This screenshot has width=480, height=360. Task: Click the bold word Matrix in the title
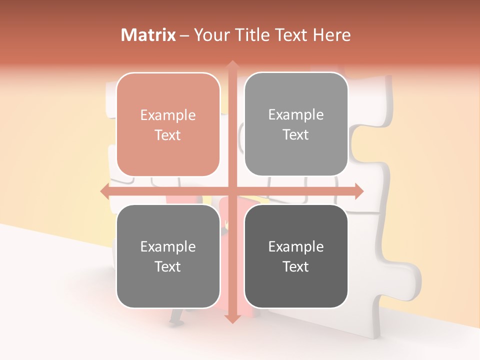click(x=148, y=35)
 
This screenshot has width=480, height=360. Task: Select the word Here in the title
click(x=331, y=35)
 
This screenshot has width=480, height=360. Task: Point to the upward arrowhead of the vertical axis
click(x=232, y=65)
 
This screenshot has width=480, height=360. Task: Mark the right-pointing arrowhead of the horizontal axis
click(x=358, y=191)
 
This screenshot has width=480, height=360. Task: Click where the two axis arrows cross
click(x=232, y=191)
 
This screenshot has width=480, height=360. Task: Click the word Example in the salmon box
click(x=168, y=115)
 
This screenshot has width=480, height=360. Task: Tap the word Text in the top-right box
click(x=296, y=134)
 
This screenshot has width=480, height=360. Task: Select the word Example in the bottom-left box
click(x=168, y=247)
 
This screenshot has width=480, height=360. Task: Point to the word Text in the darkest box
click(x=296, y=266)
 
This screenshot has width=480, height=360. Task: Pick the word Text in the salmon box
click(x=168, y=135)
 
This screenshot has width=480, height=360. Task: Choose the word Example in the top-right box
click(x=296, y=115)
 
